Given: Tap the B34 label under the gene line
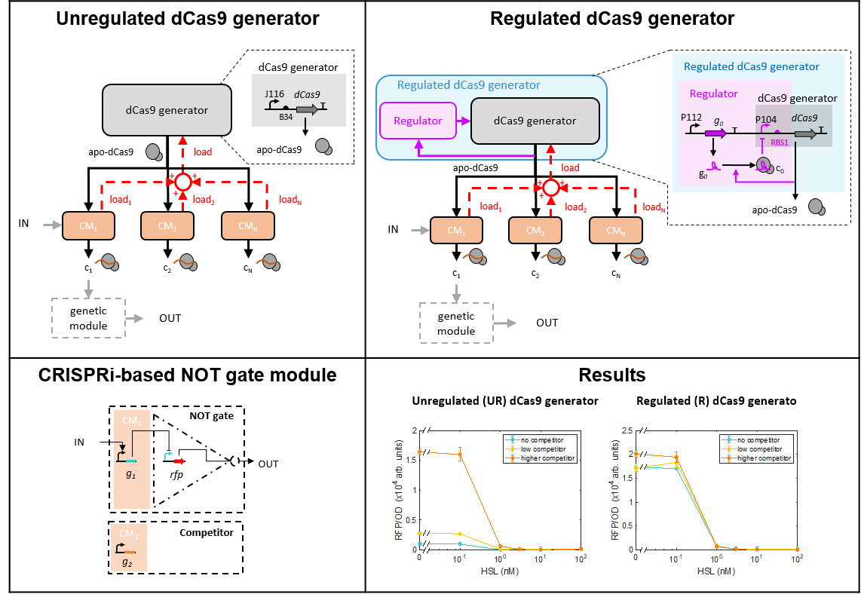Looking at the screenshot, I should pos(286,117).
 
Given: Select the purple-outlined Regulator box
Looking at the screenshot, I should pos(417,121).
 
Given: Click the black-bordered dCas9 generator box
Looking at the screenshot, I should pos(535,121).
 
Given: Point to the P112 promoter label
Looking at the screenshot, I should pos(691,118).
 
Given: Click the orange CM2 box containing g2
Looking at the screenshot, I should pos(129,548).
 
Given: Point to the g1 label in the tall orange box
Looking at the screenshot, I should pos(131,475).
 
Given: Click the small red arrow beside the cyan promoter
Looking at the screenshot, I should pos(179,461).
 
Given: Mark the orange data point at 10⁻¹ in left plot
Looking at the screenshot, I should pos(460,455).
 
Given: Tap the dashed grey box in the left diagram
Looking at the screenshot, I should pos(88,318).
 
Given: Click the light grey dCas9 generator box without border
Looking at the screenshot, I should pos(167,110).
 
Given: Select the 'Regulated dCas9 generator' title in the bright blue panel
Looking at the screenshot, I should pos(751,66).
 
